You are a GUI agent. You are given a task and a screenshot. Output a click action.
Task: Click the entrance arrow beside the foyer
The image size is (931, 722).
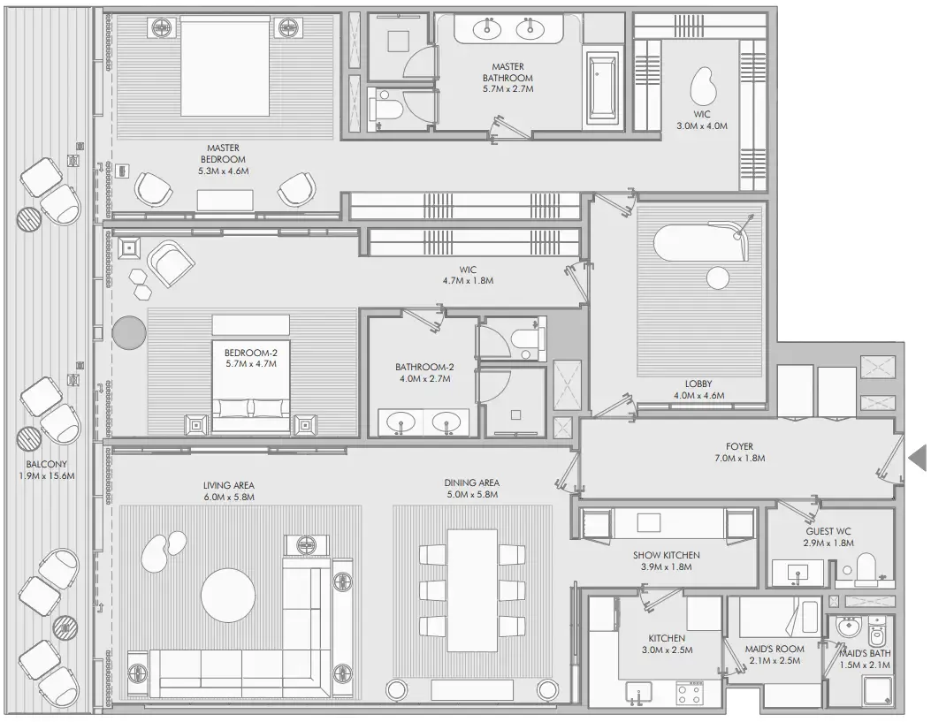(x=918, y=457)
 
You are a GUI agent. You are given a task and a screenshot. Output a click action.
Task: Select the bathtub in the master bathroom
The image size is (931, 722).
(x=604, y=87)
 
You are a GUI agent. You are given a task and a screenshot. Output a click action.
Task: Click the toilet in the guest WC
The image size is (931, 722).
(x=866, y=567)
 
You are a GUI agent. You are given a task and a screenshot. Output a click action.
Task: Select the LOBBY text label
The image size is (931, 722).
(x=698, y=384)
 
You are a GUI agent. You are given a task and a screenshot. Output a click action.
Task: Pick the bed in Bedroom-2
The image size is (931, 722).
(x=251, y=389)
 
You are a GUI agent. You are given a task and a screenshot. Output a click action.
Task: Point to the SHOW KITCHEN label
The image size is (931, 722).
(x=667, y=555)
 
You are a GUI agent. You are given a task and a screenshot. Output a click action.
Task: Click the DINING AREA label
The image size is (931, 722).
(x=472, y=483)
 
